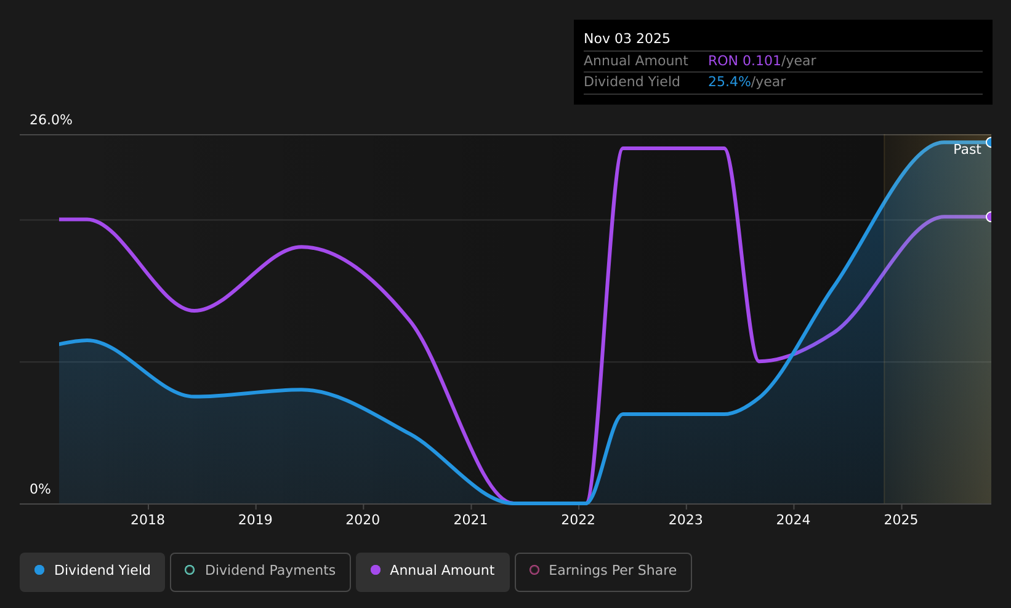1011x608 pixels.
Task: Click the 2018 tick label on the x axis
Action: click(148, 520)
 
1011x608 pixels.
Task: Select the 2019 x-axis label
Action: click(256, 520)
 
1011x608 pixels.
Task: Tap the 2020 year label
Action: click(363, 520)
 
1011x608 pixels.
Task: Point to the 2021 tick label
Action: click(471, 520)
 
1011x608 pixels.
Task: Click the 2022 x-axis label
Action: click(578, 520)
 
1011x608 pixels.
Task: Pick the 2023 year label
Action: click(685, 520)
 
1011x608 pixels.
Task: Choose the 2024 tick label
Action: click(794, 520)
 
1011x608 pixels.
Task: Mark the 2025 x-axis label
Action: click(901, 520)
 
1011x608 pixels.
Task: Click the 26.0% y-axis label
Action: click(51, 120)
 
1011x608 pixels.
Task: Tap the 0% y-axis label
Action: click(40, 489)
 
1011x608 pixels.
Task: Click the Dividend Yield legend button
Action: click(92, 572)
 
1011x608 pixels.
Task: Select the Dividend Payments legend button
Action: click(260, 572)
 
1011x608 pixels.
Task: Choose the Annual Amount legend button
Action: click(433, 572)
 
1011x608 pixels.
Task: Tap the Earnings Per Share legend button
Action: click(603, 572)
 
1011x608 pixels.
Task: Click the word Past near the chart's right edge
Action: click(967, 150)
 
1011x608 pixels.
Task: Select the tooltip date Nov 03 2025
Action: click(627, 39)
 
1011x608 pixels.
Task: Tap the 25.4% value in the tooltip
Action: click(730, 82)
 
